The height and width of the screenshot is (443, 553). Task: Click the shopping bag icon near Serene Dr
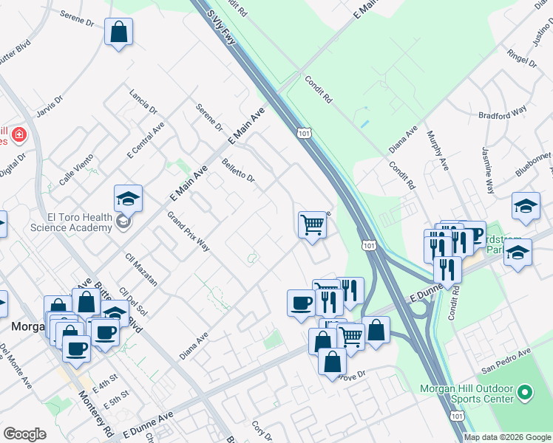118,32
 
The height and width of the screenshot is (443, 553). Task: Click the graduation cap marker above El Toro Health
128,199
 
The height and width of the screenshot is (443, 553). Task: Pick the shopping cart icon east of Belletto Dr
313,224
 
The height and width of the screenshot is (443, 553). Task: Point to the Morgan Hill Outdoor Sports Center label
467,394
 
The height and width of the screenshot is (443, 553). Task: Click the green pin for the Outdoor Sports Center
525,392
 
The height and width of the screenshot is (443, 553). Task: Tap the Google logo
24,434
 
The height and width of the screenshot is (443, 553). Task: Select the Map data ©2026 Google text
506,437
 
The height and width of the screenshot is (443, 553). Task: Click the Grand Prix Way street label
188,232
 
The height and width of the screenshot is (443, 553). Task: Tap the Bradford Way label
503,111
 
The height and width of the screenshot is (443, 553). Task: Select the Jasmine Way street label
489,171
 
